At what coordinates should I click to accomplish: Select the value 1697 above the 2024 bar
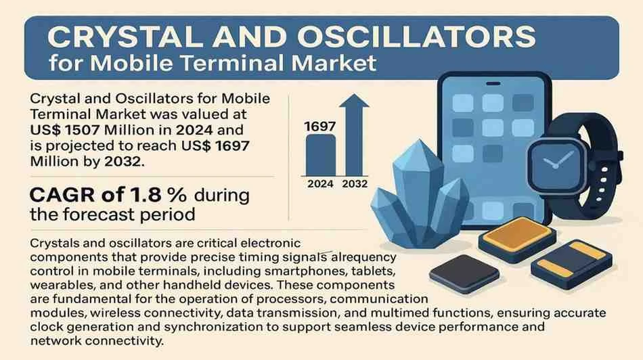(320, 127)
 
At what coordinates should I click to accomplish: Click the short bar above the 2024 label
(321, 156)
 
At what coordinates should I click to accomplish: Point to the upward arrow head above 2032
(354, 101)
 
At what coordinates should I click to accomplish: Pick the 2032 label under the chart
(355, 184)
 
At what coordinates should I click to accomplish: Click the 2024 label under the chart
(320, 184)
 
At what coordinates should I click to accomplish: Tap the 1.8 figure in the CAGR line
(145, 195)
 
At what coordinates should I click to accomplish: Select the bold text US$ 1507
(65, 130)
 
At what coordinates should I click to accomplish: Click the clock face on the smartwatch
(557, 162)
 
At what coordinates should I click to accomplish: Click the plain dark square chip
(464, 273)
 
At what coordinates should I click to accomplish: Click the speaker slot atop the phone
(493, 84)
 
